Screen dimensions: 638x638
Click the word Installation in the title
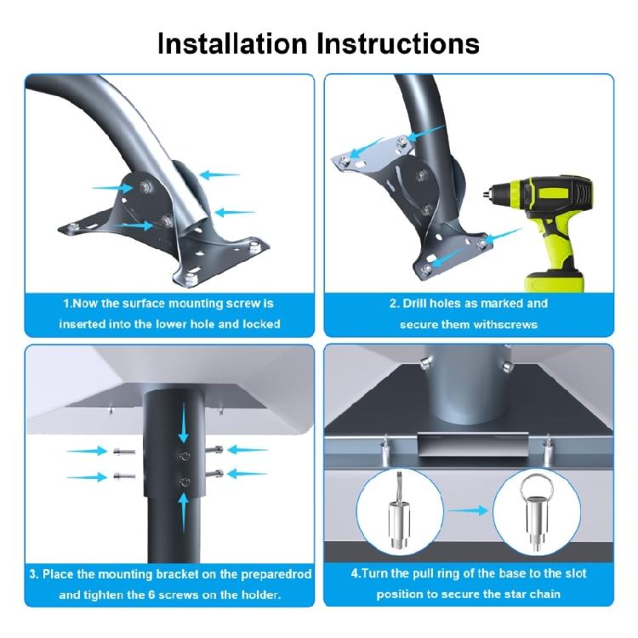(x=232, y=43)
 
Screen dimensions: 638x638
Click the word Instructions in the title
(x=398, y=43)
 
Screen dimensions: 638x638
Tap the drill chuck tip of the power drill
(x=486, y=194)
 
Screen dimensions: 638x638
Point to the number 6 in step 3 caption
(x=151, y=595)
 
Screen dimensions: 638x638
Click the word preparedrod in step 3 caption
(x=276, y=574)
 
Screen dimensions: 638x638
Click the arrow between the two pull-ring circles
(x=468, y=510)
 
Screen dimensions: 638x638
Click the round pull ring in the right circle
(x=535, y=487)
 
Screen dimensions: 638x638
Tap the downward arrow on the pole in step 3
(x=184, y=423)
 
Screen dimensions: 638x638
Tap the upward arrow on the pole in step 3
(x=184, y=513)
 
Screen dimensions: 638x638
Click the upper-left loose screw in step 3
(x=123, y=451)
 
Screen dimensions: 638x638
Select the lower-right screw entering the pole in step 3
(x=214, y=474)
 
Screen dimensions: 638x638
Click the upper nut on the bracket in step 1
(x=145, y=187)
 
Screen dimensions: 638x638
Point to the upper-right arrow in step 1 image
(x=219, y=175)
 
